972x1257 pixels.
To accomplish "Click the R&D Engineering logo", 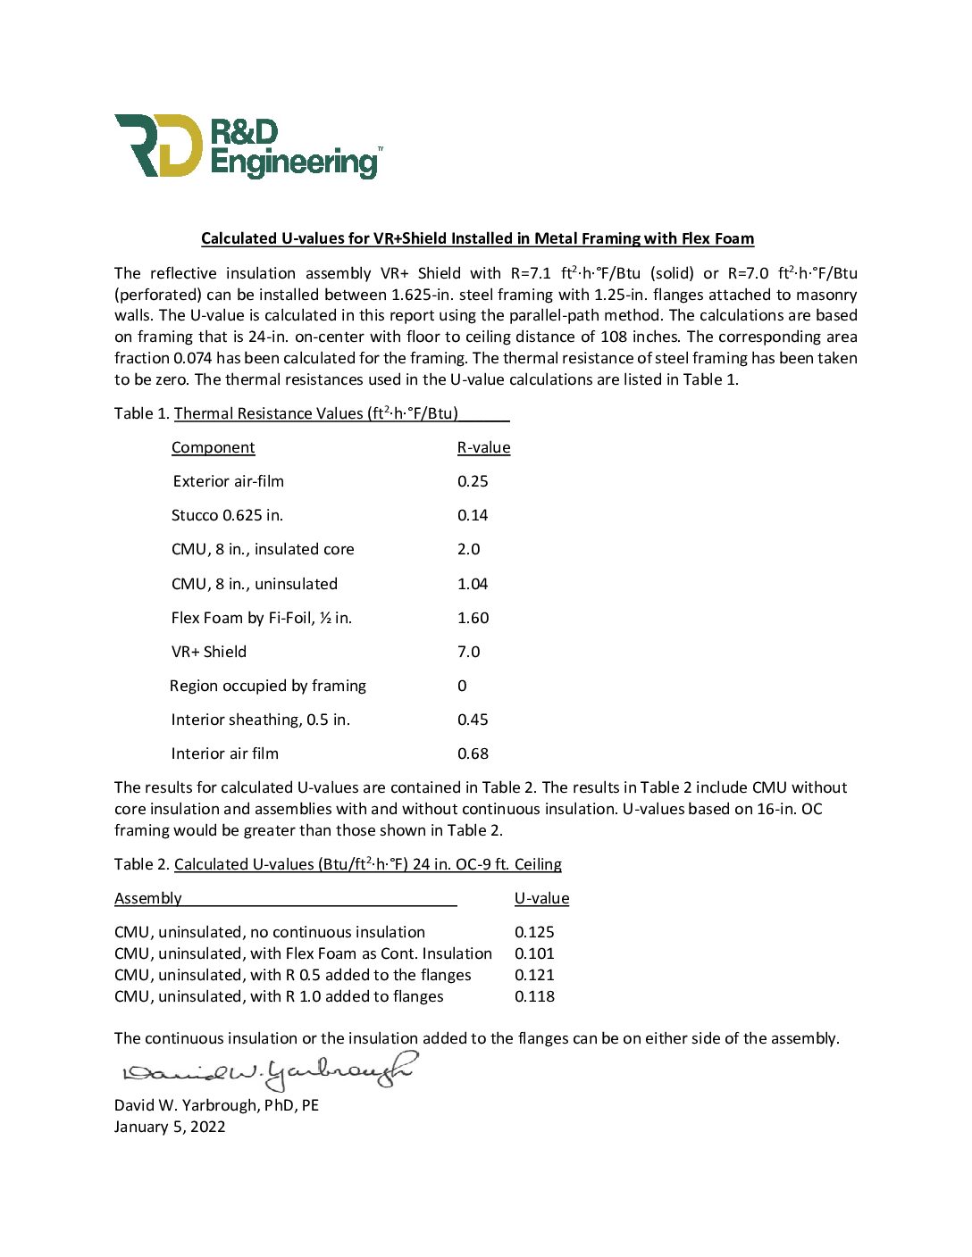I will pyautogui.click(x=248, y=146).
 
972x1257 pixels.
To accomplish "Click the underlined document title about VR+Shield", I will pyautogui.click(x=477, y=238).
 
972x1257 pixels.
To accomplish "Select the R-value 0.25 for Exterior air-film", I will pyautogui.click(x=473, y=481).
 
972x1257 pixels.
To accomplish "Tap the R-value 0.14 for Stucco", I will pyautogui.click(x=473, y=515).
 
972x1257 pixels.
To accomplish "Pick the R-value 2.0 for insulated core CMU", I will pyautogui.click(x=468, y=549).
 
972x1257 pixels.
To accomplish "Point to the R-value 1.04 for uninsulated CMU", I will pyautogui.click(x=473, y=584).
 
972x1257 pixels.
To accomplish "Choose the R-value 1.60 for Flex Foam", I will pyautogui.click(x=473, y=618).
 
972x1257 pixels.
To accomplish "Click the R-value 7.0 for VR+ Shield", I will pyautogui.click(x=468, y=652).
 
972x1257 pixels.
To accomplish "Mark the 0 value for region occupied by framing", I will pyautogui.click(x=462, y=686).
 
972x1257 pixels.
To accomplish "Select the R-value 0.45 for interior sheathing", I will pyautogui.click(x=473, y=720).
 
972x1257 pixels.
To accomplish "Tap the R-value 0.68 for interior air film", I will pyautogui.click(x=473, y=753).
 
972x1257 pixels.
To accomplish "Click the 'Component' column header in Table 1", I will pyautogui.click(x=213, y=447).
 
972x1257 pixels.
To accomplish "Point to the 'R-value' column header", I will pyautogui.click(x=483, y=447).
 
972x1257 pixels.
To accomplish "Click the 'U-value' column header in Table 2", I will pyautogui.click(x=541, y=898).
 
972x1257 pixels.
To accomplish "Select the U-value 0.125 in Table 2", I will pyautogui.click(x=534, y=932).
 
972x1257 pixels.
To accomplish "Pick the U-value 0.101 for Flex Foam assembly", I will pyautogui.click(x=534, y=953).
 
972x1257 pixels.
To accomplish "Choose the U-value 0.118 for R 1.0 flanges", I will pyautogui.click(x=534, y=996).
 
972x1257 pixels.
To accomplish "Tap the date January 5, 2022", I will pyautogui.click(x=170, y=1127).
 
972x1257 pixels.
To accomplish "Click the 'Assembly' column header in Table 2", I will pyautogui.click(x=148, y=898).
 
